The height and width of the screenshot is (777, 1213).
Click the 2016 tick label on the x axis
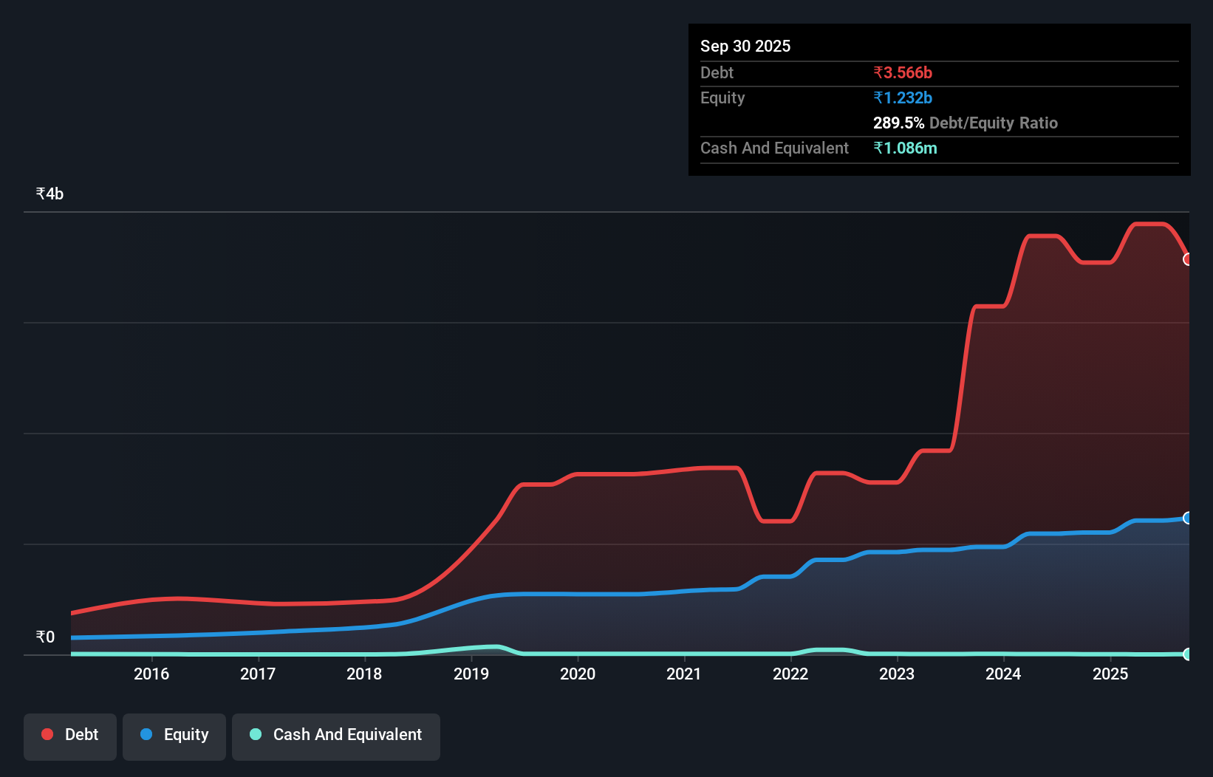[151, 674]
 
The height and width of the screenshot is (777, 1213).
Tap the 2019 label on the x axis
[471, 674]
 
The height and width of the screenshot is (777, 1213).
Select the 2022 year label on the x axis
[790, 674]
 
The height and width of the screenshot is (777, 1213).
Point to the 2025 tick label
[1110, 674]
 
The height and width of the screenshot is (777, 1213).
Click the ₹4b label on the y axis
[49, 194]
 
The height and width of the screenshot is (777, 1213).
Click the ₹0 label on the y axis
[45, 637]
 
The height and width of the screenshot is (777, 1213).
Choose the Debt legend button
[70, 735]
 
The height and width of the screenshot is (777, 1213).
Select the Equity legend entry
[174, 735]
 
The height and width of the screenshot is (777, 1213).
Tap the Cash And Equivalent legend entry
[336, 735]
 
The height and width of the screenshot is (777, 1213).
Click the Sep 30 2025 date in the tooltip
[745, 47]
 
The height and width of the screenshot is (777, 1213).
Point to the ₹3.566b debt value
[903, 73]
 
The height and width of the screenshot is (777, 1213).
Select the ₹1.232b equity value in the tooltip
[903, 98]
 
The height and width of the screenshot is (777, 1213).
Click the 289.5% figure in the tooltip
[898, 123]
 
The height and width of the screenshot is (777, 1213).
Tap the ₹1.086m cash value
[905, 148]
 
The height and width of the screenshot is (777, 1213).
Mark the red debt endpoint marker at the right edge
[1187, 259]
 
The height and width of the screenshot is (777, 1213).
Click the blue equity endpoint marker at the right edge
[1187, 518]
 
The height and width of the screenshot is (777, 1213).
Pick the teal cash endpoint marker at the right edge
[1187, 654]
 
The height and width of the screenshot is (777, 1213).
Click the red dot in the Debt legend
[47, 734]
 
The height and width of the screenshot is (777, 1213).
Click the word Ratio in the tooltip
[1038, 123]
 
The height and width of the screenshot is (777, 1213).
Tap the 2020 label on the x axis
[578, 674]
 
